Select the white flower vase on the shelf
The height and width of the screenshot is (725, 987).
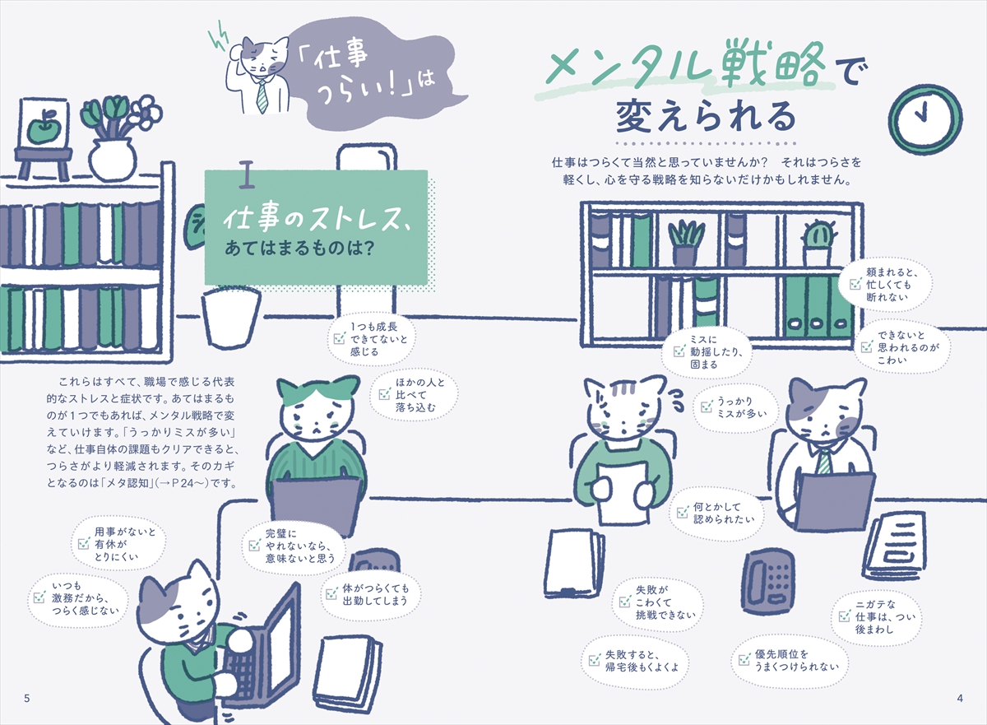coord(112,158)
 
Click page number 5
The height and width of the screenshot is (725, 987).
coord(27,698)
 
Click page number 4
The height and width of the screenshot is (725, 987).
coord(960,698)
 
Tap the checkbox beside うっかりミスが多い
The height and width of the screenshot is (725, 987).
coord(707,407)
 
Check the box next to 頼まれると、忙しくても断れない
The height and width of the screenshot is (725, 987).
coord(855,284)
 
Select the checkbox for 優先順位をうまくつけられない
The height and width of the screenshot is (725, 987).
coord(744,659)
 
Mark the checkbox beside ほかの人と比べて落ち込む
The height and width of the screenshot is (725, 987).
coord(385,394)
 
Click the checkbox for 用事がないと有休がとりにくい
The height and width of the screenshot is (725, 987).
coord(84,544)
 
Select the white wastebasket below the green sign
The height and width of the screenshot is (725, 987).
coord(231,318)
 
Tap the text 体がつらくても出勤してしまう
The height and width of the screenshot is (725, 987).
coord(375,594)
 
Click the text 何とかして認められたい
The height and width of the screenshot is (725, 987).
coord(724,513)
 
